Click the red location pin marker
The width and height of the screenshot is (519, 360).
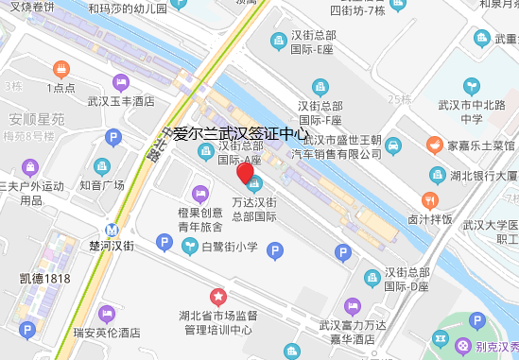(245, 175)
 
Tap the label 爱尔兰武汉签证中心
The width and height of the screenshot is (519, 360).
(241, 134)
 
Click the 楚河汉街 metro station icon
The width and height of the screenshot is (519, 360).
(112, 229)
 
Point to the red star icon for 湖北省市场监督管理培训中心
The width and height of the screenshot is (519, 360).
(216, 297)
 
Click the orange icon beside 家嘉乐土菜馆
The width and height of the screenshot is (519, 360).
(434, 146)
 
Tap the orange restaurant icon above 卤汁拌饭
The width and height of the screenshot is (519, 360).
(429, 201)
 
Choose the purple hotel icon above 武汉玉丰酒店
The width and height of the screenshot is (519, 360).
(120, 82)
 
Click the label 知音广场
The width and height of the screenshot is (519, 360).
(102, 185)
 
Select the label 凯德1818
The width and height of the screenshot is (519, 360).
(44, 278)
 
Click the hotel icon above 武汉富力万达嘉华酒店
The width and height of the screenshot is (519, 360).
(353, 305)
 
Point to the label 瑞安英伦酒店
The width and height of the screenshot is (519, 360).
(106, 333)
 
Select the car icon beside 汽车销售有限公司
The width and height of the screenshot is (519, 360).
(392, 146)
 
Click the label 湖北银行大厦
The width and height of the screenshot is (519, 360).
(482, 177)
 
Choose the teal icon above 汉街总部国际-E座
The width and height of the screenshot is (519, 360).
(278, 41)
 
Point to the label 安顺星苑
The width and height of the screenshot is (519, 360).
(37, 120)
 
